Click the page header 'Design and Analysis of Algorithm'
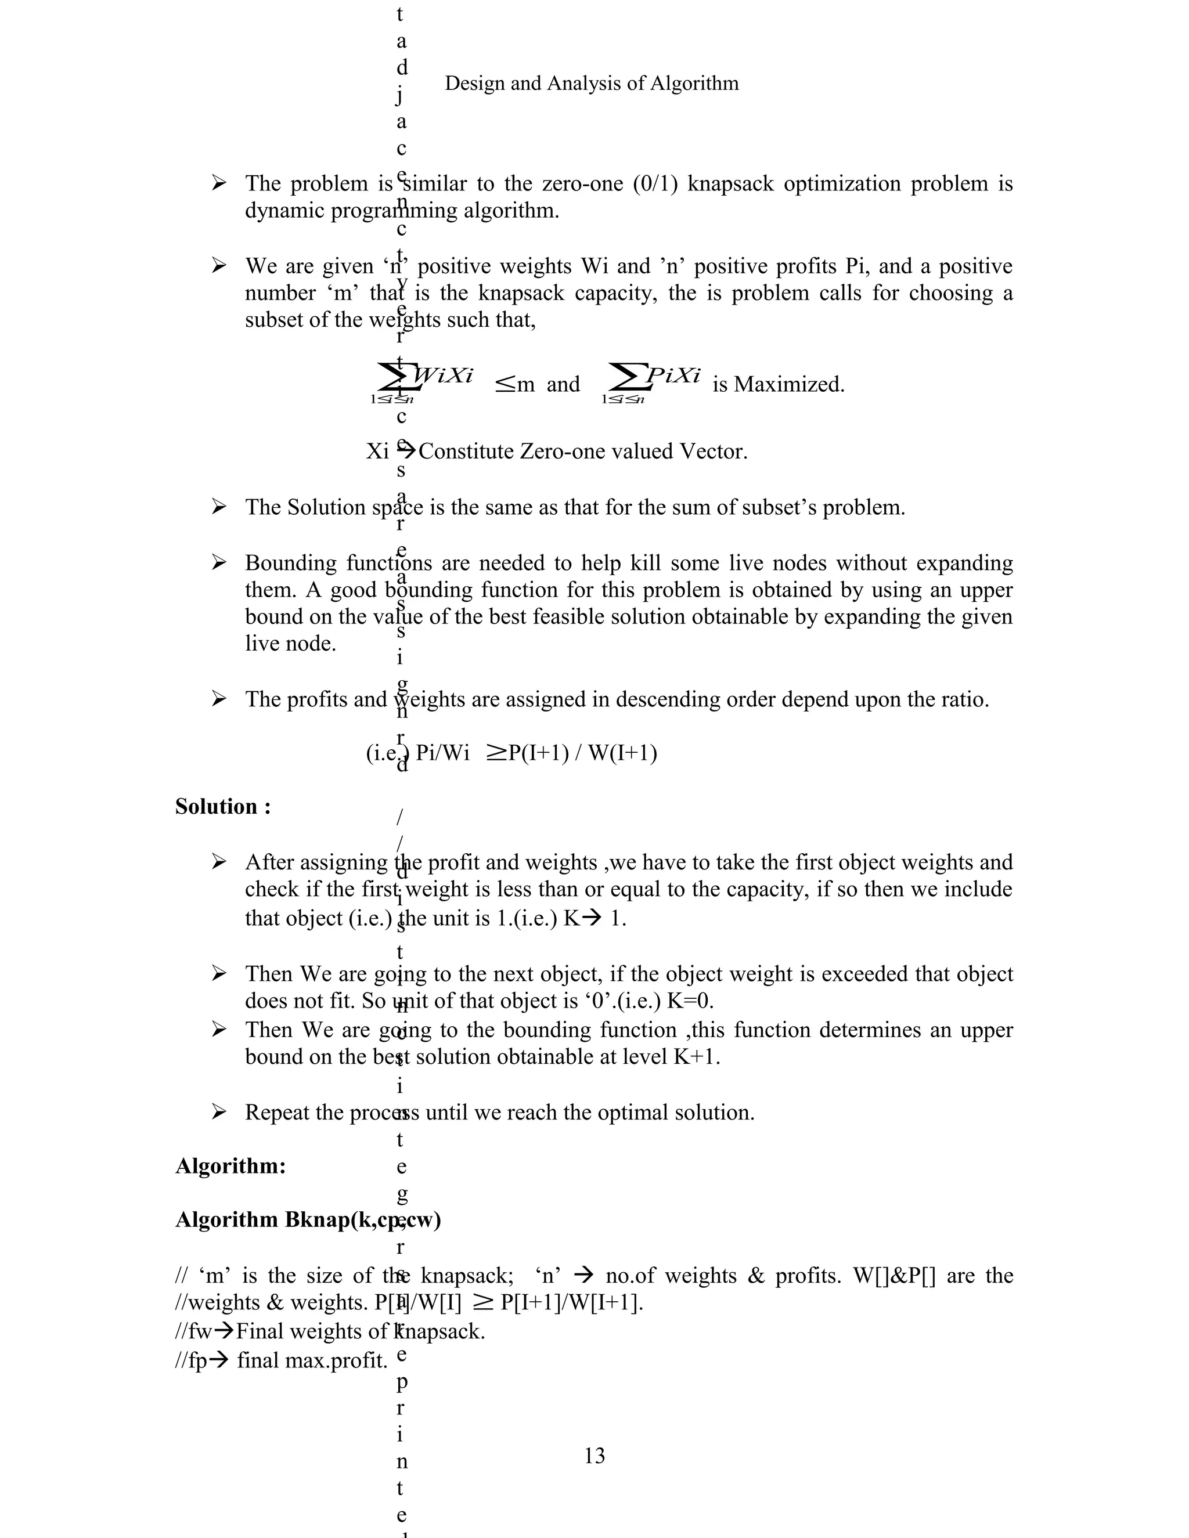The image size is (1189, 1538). pos(592,84)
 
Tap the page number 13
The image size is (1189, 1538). pos(594,1455)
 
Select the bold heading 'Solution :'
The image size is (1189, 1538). pos(222,806)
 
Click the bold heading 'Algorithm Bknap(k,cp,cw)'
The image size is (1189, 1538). pos(308,1219)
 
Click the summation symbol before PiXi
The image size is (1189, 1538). pos(625,377)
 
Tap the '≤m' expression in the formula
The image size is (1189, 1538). pos(515,384)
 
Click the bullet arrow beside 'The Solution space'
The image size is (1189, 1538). pos(219,507)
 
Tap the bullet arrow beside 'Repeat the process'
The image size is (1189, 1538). pos(219,1112)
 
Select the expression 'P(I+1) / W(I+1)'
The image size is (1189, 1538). pos(582,753)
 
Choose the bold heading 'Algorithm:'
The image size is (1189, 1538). pos(230,1165)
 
